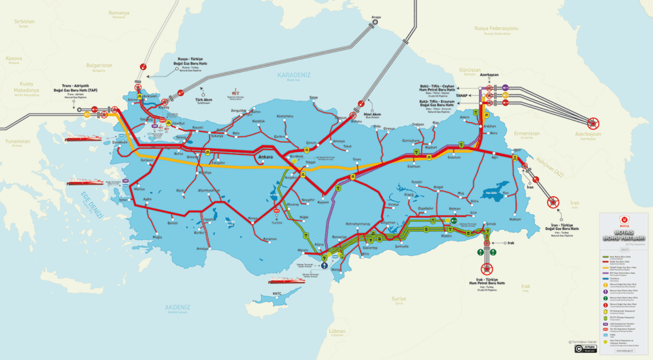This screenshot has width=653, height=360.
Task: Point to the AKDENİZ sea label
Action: coord(176,307)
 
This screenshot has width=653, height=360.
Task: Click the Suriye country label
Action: coord(398,299)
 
